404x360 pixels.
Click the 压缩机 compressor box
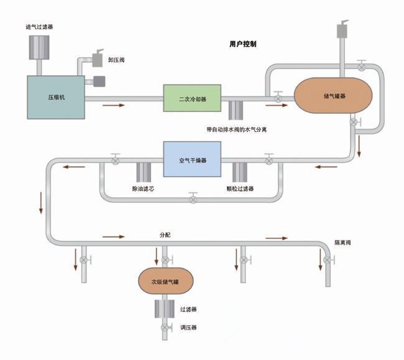(55, 97)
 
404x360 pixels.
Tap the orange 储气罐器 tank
(334, 96)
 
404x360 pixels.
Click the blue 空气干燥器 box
(192, 160)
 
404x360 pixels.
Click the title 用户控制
(243, 45)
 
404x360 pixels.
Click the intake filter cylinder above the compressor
(39, 46)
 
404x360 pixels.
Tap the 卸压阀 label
(117, 61)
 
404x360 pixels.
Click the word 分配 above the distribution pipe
(165, 236)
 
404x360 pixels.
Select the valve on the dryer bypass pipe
(193, 198)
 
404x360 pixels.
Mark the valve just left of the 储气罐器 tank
(278, 98)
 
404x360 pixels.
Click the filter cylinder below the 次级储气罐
(165, 309)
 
